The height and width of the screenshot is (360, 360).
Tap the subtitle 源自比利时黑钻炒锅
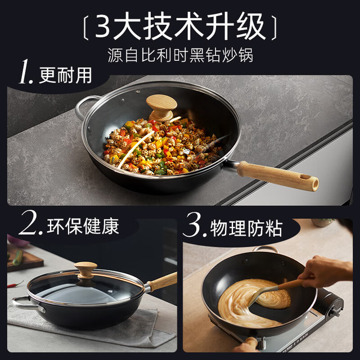pos(180,55)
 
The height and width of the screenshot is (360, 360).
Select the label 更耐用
pos(66,75)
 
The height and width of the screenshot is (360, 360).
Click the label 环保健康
pos(83,226)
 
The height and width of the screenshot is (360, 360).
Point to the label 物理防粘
pos(246,228)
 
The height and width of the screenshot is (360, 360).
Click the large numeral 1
pos(26,72)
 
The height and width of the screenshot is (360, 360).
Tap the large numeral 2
pos(30,223)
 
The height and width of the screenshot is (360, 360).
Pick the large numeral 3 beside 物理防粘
pos(195,225)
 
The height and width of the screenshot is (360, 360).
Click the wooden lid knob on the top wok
pos(161,107)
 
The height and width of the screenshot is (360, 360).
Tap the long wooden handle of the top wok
pos(278,176)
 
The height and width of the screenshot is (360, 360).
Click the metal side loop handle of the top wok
pos(85,107)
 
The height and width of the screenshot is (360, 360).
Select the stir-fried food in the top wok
pos(162,147)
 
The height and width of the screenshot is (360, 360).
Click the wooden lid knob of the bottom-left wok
pos(85,270)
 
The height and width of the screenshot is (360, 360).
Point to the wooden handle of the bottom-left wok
pos(163,281)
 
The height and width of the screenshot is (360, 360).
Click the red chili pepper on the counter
pos(16,285)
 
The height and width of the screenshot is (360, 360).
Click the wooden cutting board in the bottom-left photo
pos(25,259)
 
